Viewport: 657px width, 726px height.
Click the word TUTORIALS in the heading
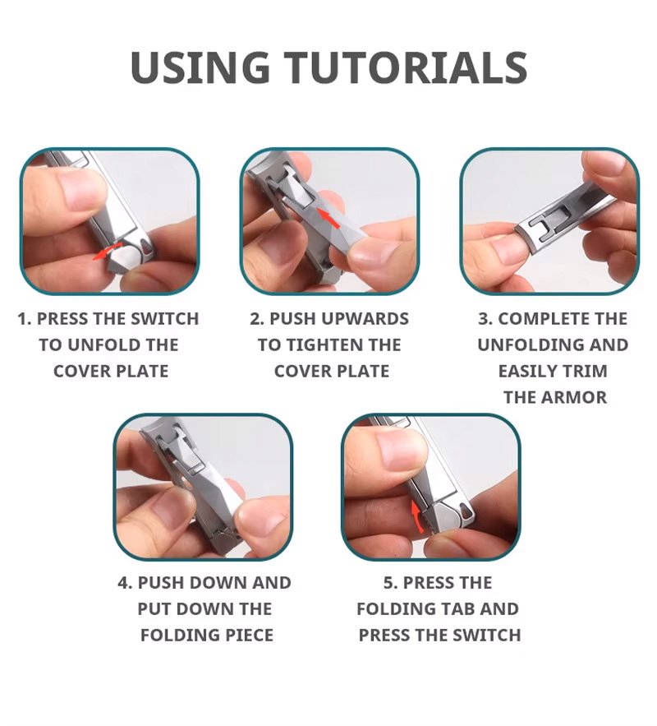pyautogui.click(x=406, y=67)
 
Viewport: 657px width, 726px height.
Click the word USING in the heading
pyautogui.click(x=200, y=67)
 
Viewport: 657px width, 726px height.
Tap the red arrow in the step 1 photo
pyautogui.click(x=107, y=250)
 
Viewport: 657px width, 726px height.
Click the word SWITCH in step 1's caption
pyautogui.click(x=164, y=319)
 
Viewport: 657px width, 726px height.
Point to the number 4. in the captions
pyautogui.click(x=126, y=583)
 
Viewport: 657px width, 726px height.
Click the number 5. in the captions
pyautogui.click(x=391, y=583)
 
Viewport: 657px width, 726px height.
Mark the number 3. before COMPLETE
pyautogui.click(x=485, y=319)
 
